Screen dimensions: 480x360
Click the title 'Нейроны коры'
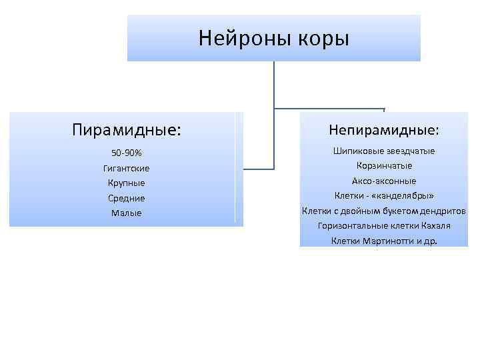click(x=273, y=38)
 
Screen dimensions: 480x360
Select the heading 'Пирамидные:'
click(x=127, y=128)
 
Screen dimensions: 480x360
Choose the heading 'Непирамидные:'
click(x=384, y=128)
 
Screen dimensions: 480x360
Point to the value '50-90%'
click(x=127, y=153)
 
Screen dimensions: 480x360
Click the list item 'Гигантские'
click(x=127, y=168)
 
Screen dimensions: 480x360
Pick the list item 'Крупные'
click(x=127, y=183)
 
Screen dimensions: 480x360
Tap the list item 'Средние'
click(x=127, y=198)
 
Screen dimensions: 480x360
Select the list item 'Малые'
click(x=127, y=213)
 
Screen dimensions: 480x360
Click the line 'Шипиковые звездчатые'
click(x=384, y=151)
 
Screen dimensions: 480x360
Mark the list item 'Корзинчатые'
click(x=384, y=165)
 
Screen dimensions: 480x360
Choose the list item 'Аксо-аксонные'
click(x=384, y=181)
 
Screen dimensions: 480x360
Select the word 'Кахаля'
click(x=435, y=226)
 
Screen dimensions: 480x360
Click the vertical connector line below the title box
click(x=274, y=83)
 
